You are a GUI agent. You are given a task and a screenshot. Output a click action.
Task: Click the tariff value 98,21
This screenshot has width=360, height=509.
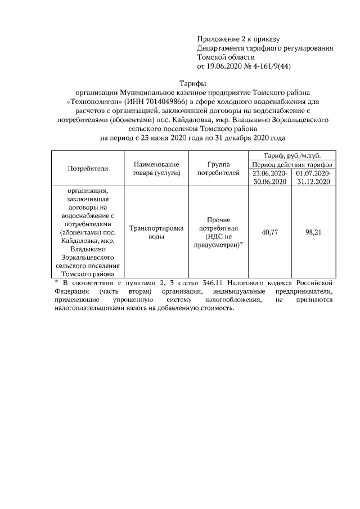pyautogui.click(x=313, y=232)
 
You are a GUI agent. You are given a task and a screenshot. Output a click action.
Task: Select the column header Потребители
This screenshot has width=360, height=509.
pyautogui.click(x=88, y=168)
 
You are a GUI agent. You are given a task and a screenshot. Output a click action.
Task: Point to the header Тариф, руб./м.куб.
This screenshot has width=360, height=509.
pyautogui.click(x=292, y=155)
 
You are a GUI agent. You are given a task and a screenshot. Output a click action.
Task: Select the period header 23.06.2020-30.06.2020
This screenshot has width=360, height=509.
pyautogui.click(x=269, y=178)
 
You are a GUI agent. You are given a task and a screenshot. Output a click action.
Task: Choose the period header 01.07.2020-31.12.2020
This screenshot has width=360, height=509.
pyautogui.click(x=313, y=178)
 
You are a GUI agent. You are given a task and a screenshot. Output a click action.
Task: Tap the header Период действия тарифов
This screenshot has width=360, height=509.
pyautogui.click(x=292, y=164)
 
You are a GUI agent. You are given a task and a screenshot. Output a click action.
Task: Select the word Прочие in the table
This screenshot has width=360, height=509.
pyautogui.click(x=219, y=219)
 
